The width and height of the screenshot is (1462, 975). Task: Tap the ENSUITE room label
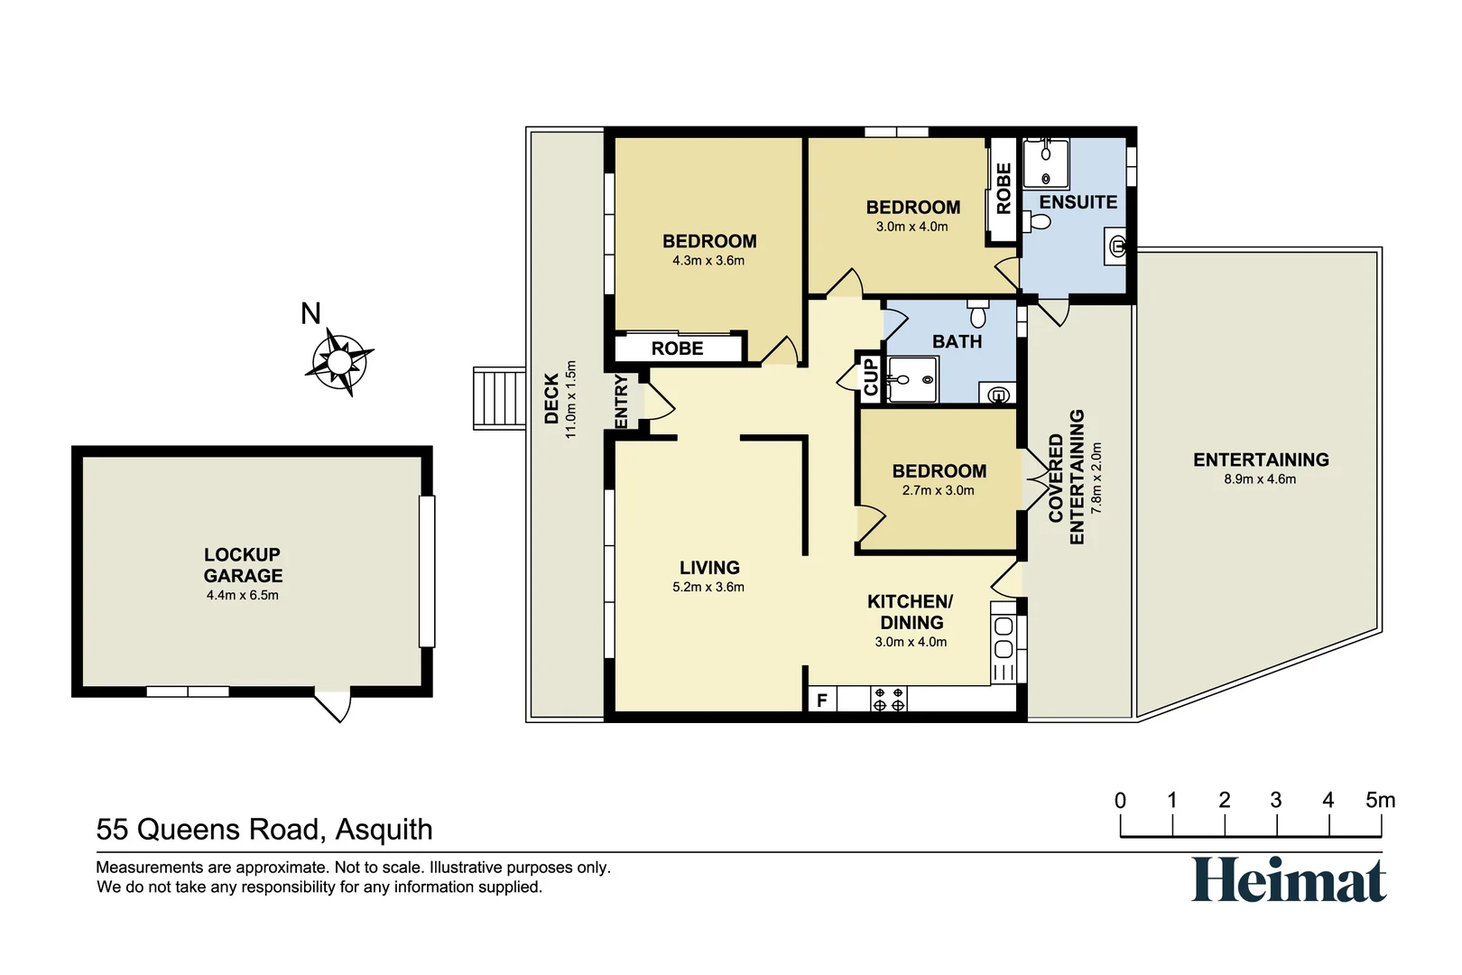(x=1078, y=202)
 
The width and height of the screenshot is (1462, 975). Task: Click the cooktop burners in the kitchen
(x=888, y=700)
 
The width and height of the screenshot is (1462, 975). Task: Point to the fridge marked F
(x=822, y=701)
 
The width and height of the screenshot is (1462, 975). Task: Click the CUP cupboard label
(x=870, y=377)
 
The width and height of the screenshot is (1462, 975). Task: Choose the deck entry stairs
(x=499, y=398)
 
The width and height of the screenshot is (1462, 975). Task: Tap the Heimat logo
(x=1289, y=879)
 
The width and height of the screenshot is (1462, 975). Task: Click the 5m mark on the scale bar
(x=1381, y=801)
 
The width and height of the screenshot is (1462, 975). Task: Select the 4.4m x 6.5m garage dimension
(x=242, y=596)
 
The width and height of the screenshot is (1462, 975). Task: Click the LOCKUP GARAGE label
(x=242, y=565)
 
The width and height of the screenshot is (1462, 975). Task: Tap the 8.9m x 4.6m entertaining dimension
(x=1260, y=479)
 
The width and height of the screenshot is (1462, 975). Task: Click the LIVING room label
(x=709, y=568)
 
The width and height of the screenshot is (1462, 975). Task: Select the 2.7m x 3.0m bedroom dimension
(x=938, y=490)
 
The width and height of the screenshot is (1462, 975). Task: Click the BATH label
(x=957, y=341)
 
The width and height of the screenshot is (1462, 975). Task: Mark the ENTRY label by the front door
(x=621, y=401)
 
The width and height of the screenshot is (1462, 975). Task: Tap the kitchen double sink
(x=1004, y=636)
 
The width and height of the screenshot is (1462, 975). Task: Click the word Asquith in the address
(x=384, y=830)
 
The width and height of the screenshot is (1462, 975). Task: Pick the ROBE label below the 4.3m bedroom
(x=677, y=348)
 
